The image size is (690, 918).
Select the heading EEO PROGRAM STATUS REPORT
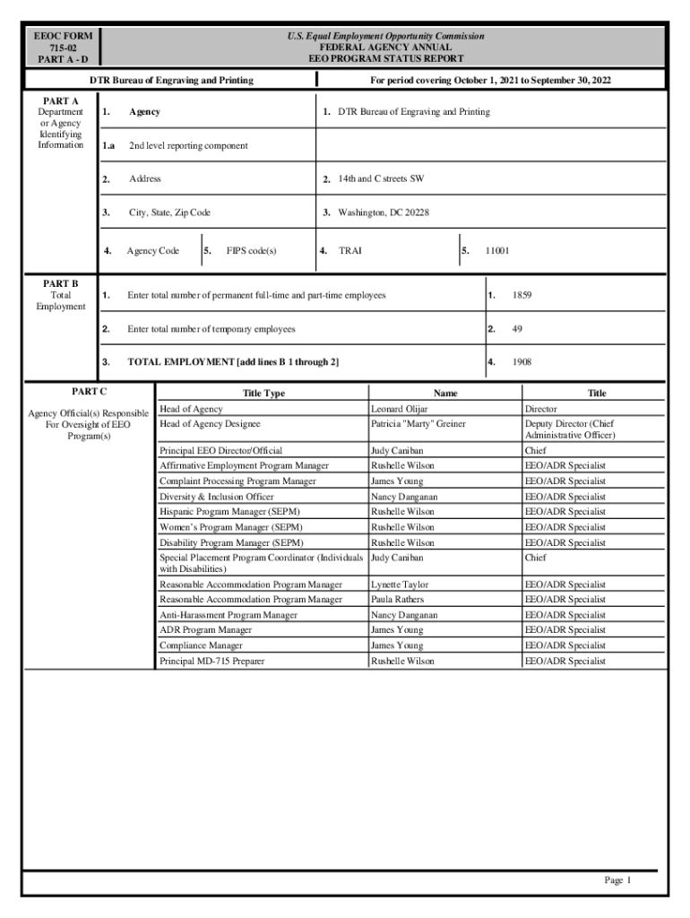coord(385,59)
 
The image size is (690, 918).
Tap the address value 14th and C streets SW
coord(381,179)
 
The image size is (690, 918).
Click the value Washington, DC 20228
coord(383,213)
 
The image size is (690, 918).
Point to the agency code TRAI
coord(350,251)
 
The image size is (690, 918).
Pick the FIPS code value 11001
coord(497,251)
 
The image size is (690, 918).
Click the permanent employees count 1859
coord(522,295)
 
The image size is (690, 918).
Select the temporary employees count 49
coord(517,329)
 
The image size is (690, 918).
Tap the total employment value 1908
coord(522,362)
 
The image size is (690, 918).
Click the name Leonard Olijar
coord(399,409)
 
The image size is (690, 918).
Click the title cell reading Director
coord(540,409)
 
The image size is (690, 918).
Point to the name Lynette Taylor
coord(400,585)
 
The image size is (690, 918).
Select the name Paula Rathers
coord(398,600)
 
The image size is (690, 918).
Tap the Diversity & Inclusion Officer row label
coord(217,497)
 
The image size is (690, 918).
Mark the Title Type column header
coord(263,394)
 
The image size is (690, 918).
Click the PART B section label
coord(61,283)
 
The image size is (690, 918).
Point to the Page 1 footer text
coord(617,880)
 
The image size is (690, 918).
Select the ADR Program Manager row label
coord(205,630)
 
